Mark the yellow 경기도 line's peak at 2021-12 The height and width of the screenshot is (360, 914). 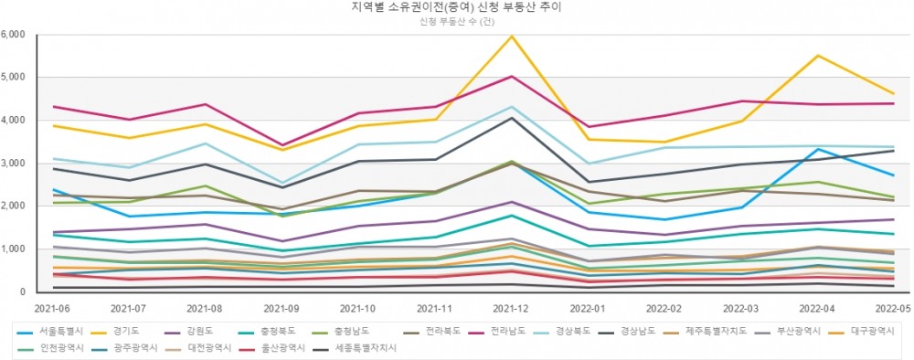pyautogui.click(x=512, y=36)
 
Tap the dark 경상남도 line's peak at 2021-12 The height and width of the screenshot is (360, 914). pyautogui.click(x=512, y=118)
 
